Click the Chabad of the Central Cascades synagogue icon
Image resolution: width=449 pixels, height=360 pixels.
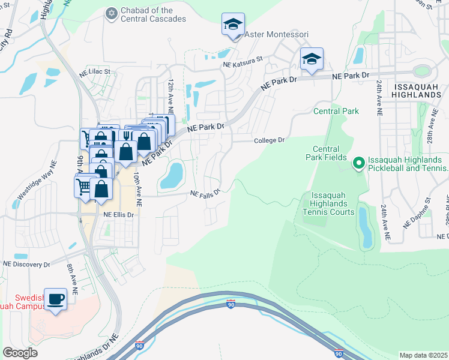pyautogui.click(x=110, y=13)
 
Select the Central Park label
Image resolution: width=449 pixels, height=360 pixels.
pyautogui.click(x=336, y=111)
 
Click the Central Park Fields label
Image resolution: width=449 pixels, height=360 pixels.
pyautogui.click(x=330, y=153)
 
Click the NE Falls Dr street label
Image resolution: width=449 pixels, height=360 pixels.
pyautogui.click(x=205, y=193)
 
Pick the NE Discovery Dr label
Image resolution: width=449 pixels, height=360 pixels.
pyautogui.click(x=26, y=264)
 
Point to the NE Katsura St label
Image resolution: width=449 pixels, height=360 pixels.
pyautogui.click(x=243, y=61)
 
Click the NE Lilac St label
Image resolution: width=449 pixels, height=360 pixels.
pyautogui.click(x=95, y=71)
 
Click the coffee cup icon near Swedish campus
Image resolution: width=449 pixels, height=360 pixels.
pyautogui.click(x=56, y=299)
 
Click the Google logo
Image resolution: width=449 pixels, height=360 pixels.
pyautogui.click(x=20, y=353)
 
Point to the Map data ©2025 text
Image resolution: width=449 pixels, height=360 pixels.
pyautogui.click(x=423, y=355)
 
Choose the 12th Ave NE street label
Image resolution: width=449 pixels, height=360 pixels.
pyautogui.click(x=171, y=97)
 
